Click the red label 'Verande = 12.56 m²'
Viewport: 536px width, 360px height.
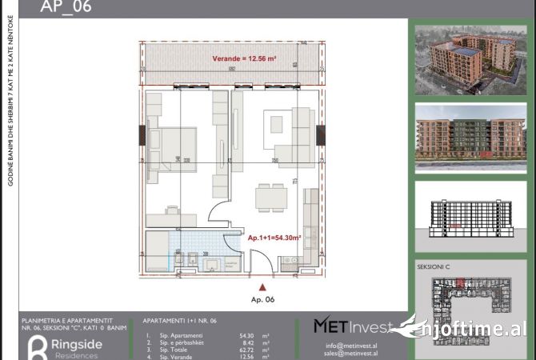click(244, 59)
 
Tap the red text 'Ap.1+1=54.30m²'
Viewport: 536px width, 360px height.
click(274, 238)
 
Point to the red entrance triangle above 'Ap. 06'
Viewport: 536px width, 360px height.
click(261, 286)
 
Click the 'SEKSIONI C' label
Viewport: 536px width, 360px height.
click(435, 266)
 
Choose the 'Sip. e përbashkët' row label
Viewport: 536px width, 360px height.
click(175, 343)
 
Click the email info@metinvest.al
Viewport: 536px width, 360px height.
click(352, 345)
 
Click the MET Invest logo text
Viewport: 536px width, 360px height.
click(352, 326)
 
